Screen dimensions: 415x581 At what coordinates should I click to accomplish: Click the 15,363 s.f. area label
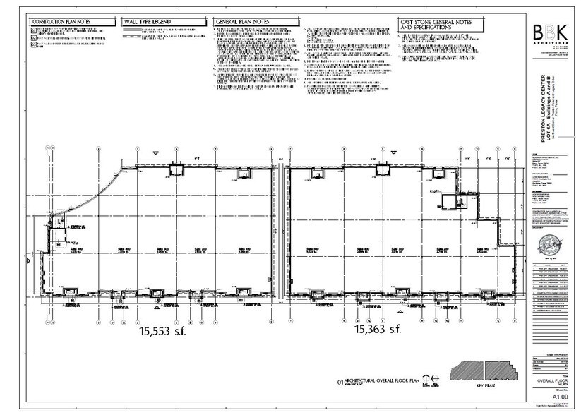(x=377, y=329)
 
